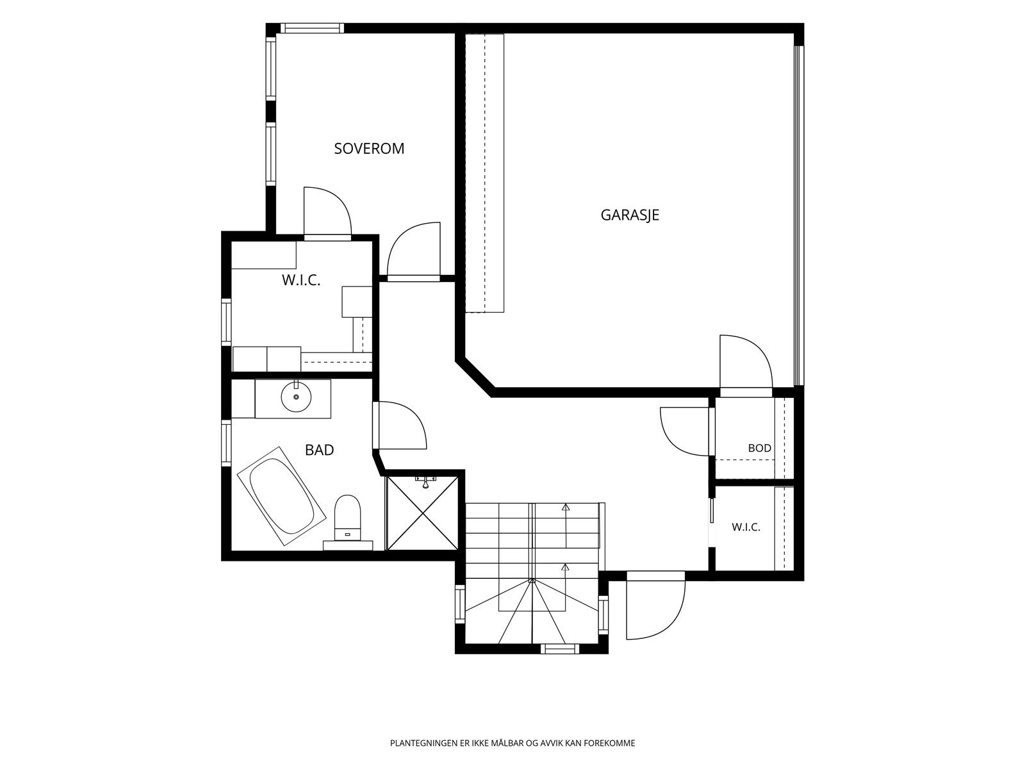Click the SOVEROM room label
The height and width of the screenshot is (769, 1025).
pyautogui.click(x=369, y=149)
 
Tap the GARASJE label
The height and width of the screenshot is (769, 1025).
pyautogui.click(x=630, y=215)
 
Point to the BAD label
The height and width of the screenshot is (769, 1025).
pyautogui.click(x=320, y=450)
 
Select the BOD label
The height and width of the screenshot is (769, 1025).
pyautogui.click(x=759, y=448)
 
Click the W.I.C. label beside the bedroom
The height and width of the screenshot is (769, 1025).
pyautogui.click(x=301, y=280)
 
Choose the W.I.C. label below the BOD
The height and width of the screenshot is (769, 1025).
pyautogui.click(x=746, y=527)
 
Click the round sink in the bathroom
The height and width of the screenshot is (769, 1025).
pyautogui.click(x=296, y=397)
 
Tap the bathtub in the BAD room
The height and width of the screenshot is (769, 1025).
pyautogui.click(x=282, y=496)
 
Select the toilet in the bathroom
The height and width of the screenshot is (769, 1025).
pyautogui.click(x=348, y=518)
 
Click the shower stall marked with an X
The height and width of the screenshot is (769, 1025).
pyautogui.click(x=423, y=513)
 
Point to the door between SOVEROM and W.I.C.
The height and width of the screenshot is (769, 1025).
pyautogui.click(x=327, y=213)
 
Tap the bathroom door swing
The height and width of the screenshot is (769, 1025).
pyautogui.click(x=402, y=425)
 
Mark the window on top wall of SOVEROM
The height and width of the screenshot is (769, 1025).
pyautogui.click(x=311, y=28)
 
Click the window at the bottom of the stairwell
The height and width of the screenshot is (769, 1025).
pyautogui.click(x=559, y=649)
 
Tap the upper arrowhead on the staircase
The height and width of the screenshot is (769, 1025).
pyautogui.click(x=566, y=507)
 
